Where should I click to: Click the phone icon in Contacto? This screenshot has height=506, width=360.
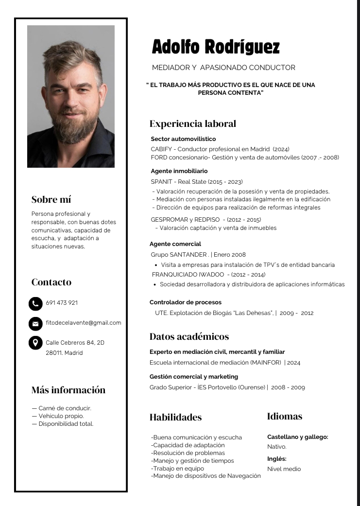[35, 303]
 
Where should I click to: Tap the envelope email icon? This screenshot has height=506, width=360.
[35, 323]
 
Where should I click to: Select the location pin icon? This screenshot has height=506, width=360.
[35, 343]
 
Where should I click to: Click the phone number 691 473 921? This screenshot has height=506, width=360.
[62, 303]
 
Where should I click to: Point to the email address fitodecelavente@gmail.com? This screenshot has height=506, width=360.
[84, 323]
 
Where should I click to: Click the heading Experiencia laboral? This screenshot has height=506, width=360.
[193, 123]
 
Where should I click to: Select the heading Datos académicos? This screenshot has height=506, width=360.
[189, 336]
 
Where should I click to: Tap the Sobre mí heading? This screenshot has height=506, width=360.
[51, 199]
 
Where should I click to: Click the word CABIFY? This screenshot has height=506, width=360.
[161, 149]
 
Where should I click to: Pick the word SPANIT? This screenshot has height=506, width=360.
[161, 182]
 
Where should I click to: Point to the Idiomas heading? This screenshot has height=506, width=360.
[285, 416]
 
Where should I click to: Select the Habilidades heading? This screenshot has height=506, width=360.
[175, 417]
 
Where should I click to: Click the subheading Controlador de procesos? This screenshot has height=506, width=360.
[185, 302]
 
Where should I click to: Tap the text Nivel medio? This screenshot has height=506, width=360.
[284, 469]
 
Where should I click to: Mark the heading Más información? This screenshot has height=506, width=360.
[69, 390]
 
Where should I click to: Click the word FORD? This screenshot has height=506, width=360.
[159, 157]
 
